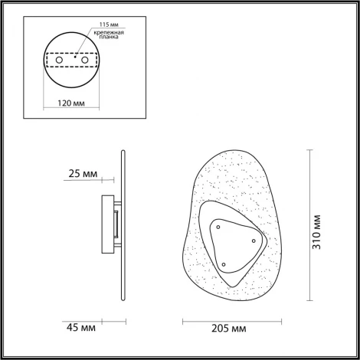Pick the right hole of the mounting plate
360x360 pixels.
[87, 60]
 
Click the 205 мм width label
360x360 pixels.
[227, 328]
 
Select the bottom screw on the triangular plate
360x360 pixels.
[222, 264]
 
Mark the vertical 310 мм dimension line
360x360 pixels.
[309, 226]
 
